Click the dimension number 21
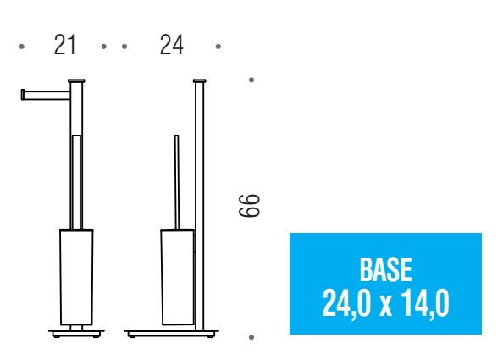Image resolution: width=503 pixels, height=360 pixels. tap(65, 45)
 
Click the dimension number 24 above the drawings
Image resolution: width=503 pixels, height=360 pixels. tap(172, 45)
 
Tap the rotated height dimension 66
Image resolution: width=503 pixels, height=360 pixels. tap(249, 206)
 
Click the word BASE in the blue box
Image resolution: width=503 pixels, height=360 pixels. tap(385, 269)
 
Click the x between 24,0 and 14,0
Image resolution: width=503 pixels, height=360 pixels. tap(385, 307)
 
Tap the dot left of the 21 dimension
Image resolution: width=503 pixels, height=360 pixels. tap(21, 47)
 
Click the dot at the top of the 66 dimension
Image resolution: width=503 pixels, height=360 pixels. tap(251, 80)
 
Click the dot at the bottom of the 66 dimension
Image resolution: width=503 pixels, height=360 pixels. tap(251, 337)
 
